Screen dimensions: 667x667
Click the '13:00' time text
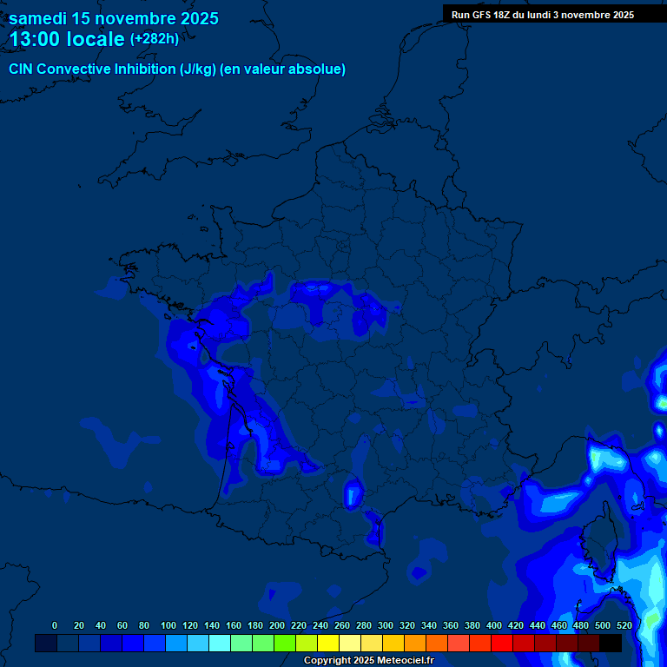pyautogui.click(x=35, y=39)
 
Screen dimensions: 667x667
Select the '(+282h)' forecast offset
pyautogui.click(x=155, y=39)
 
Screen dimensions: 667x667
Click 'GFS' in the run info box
pyautogui.click(x=483, y=15)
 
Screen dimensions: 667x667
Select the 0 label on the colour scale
pyautogui.click(x=55, y=625)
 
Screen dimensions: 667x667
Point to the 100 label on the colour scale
pyautogui.click(x=168, y=625)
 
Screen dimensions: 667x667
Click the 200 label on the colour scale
pyautogui.click(x=277, y=625)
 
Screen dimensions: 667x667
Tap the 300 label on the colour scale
pyautogui.click(x=386, y=625)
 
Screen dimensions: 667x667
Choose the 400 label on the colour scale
pyautogui.click(x=494, y=625)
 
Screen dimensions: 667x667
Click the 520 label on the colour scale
pyautogui.click(x=624, y=625)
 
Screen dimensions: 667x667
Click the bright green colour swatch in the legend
pyautogui.click(x=284, y=644)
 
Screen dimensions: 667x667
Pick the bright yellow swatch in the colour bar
pyautogui.click(x=327, y=644)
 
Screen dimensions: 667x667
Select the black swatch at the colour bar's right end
pyautogui.click(x=611, y=644)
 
